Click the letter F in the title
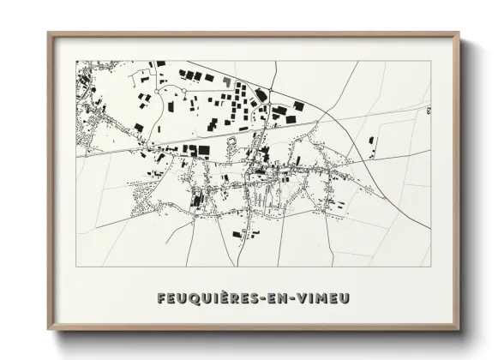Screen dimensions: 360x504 163,297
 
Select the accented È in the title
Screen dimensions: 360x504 223,297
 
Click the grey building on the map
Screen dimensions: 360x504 226,81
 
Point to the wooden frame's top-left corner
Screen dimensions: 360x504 48,33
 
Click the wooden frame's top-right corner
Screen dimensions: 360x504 459,33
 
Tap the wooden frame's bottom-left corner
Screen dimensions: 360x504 48,330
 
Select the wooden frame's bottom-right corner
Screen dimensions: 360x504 459,330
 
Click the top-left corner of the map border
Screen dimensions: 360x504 76,61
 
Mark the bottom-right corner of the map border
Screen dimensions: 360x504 430,267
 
